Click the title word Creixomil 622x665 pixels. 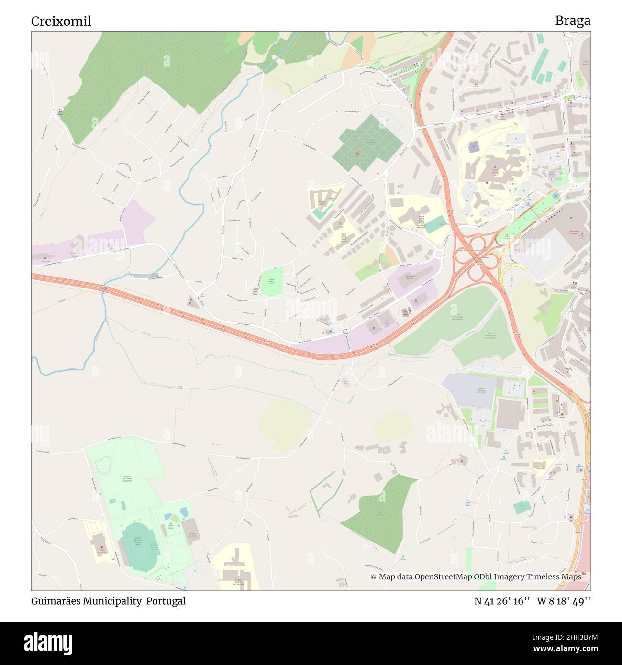pos(61,21)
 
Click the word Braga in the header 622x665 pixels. pos(573,21)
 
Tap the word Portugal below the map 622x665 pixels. pos(166,601)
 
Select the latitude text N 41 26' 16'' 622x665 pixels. pos(502,601)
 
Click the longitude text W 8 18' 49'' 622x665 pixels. pos(564,601)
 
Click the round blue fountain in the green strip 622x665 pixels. pos(555,196)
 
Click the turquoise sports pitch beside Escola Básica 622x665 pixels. pos(436,224)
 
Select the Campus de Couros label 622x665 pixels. pos(237,582)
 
